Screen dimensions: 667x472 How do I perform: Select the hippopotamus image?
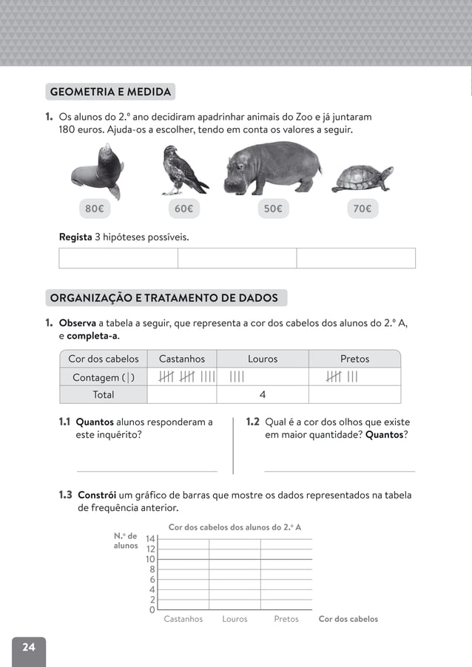(x=273, y=168)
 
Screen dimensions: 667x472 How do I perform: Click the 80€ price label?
(x=95, y=209)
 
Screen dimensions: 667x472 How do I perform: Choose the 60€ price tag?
(x=183, y=209)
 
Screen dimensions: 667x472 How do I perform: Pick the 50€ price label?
(x=273, y=209)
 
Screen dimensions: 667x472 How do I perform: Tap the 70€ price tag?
(x=362, y=209)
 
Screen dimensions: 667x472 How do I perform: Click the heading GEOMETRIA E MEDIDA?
(x=110, y=92)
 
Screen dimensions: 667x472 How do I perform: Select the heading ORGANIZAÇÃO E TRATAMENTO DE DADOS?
(x=163, y=298)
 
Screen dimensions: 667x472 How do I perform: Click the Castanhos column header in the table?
(x=182, y=359)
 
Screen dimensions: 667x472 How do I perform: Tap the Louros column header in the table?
(x=263, y=359)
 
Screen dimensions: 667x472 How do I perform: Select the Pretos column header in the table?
(x=354, y=359)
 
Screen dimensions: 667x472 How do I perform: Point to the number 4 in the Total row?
(x=263, y=394)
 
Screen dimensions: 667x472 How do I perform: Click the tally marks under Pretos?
(x=342, y=377)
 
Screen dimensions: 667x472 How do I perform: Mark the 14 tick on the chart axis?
(x=151, y=539)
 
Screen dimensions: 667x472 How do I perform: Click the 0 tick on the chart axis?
(x=152, y=610)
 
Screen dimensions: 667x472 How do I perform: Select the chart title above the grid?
(x=235, y=527)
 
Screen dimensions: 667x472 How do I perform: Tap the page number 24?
(x=28, y=647)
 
